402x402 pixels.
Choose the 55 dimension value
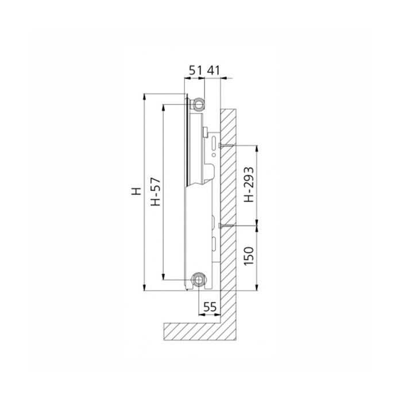pyautogui.click(x=210, y=307)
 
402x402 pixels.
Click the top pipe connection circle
pyautogui.click(x=199, y=103)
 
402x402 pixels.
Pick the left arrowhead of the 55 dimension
pyautogui.click(x=200, y=315)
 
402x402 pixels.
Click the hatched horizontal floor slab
pyautogui.click(x=195, y=330)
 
